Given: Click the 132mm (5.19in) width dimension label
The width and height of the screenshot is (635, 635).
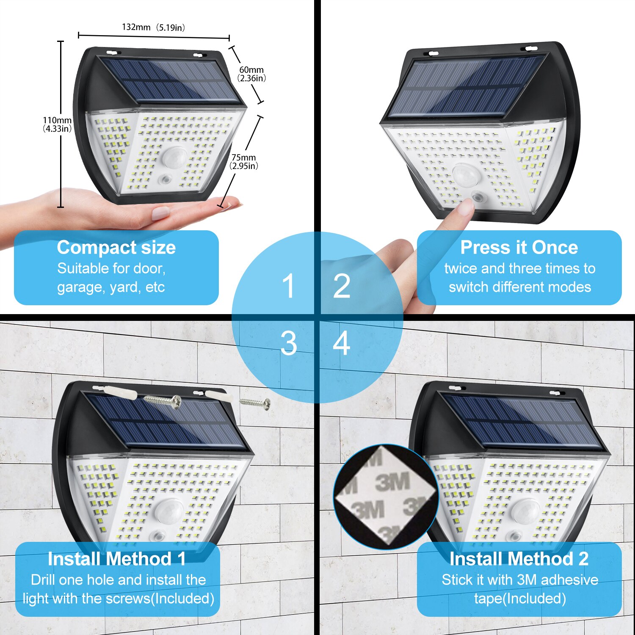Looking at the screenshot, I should tap(153, 28).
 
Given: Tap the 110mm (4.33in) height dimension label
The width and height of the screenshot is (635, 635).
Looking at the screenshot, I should tap(57, 124).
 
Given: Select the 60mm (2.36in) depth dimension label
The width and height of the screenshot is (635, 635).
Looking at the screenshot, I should tap(251, 74).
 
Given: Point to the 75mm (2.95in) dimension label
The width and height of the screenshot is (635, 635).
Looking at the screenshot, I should tap(244, 162).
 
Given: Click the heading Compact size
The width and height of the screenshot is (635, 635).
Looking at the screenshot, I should tap(116, 247).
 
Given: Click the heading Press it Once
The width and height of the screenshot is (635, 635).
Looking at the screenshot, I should tap(519, 247).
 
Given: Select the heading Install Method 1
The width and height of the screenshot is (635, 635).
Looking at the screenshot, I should tap(117, 559).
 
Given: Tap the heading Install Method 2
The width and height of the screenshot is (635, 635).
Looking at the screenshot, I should tap(519, 559).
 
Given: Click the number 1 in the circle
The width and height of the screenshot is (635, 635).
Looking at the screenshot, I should tap(289, 286).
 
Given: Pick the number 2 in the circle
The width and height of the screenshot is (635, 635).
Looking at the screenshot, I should tap(342, 286).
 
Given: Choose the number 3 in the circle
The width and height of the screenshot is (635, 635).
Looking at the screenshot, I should tap(289, 343).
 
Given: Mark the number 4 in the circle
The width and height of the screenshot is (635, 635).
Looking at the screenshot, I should tap(342, 343).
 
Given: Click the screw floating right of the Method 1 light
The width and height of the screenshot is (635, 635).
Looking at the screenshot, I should tap(255, 403).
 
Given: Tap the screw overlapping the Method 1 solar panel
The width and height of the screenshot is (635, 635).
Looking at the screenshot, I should tap(163, 400).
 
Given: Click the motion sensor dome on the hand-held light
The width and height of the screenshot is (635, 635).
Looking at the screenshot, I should tap(174, 157).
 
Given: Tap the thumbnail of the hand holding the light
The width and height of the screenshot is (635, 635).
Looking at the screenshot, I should tap(160, 213).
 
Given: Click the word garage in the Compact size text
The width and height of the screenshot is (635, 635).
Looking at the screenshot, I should tap(80, 287).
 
